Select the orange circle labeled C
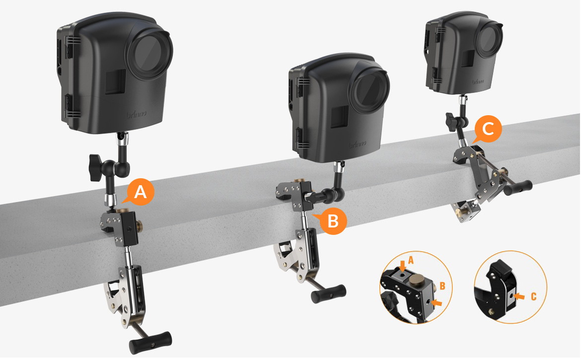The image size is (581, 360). click(488, 130)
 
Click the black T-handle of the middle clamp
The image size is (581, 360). click(328, 293)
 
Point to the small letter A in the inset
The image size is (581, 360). click(411, 260)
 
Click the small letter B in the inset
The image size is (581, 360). click(443, 287)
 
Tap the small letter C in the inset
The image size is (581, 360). click(533, 296)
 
